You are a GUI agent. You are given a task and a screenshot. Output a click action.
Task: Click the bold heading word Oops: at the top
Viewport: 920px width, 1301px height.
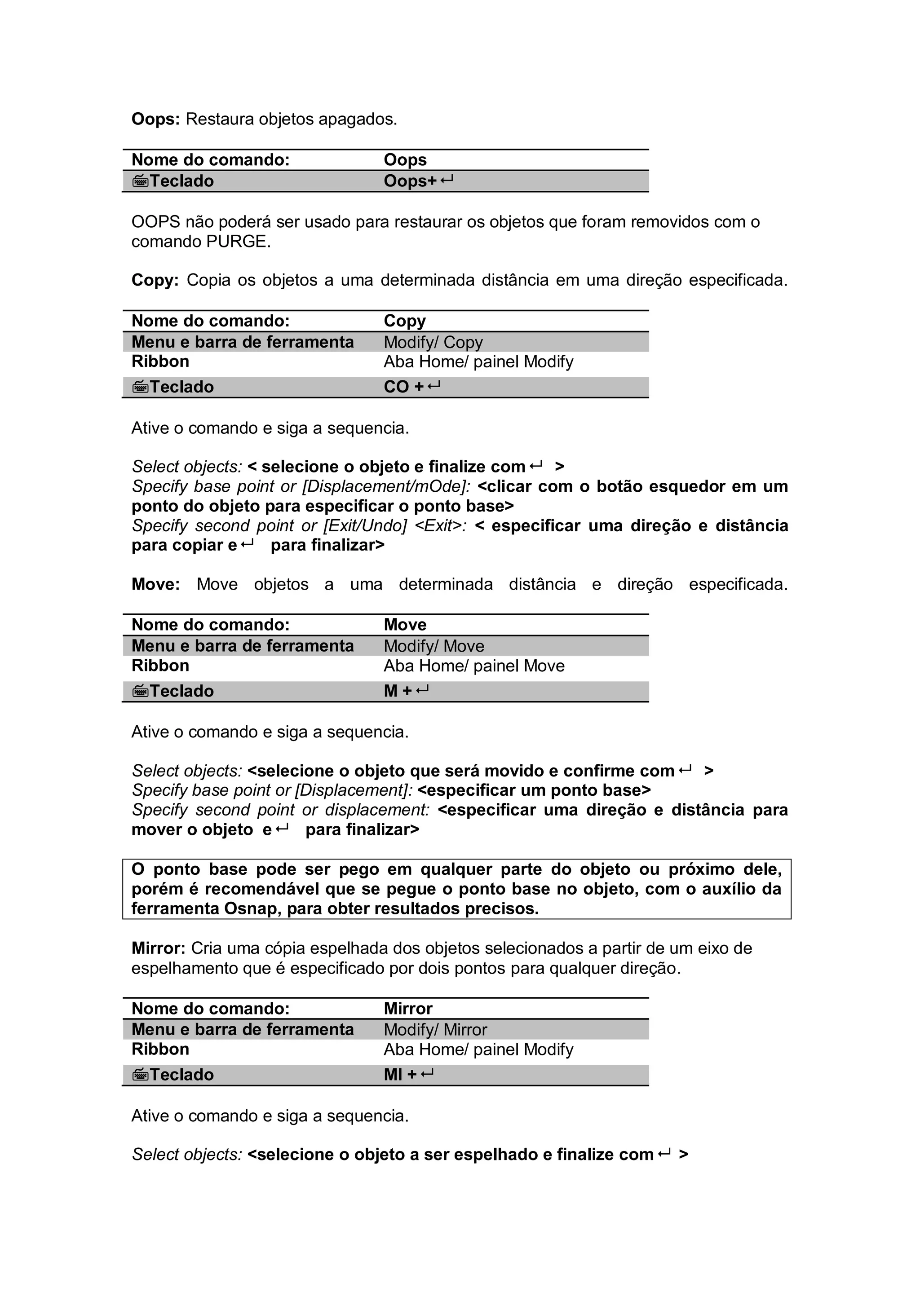tap(155, 119)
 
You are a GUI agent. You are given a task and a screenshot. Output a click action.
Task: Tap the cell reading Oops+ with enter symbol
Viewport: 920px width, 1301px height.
tap(418, 181)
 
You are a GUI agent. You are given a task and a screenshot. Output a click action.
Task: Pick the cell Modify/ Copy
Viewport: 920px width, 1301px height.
tap(433, 342)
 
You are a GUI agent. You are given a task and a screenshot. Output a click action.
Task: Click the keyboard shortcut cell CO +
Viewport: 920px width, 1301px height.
tap(411, 387)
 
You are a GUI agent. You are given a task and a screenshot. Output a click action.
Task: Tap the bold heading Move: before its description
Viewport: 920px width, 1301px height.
tap(155, 585)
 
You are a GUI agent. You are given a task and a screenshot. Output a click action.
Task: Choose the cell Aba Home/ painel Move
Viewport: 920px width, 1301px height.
tap(474, 666)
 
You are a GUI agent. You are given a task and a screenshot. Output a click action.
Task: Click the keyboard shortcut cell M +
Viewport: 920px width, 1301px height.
tap(406, 691)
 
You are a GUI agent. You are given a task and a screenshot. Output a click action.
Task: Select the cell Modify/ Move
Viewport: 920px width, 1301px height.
tap(433, 647)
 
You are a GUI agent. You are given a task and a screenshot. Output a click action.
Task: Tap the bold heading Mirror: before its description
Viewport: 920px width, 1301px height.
tap(158, 948)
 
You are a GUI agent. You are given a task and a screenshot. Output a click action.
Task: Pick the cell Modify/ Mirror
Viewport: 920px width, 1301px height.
tap(435, 1030)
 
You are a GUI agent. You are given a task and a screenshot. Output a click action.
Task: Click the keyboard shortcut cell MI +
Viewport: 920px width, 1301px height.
tap(408, 1075)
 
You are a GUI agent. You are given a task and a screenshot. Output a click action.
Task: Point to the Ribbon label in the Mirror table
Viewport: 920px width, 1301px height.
tap(160, 1050)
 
